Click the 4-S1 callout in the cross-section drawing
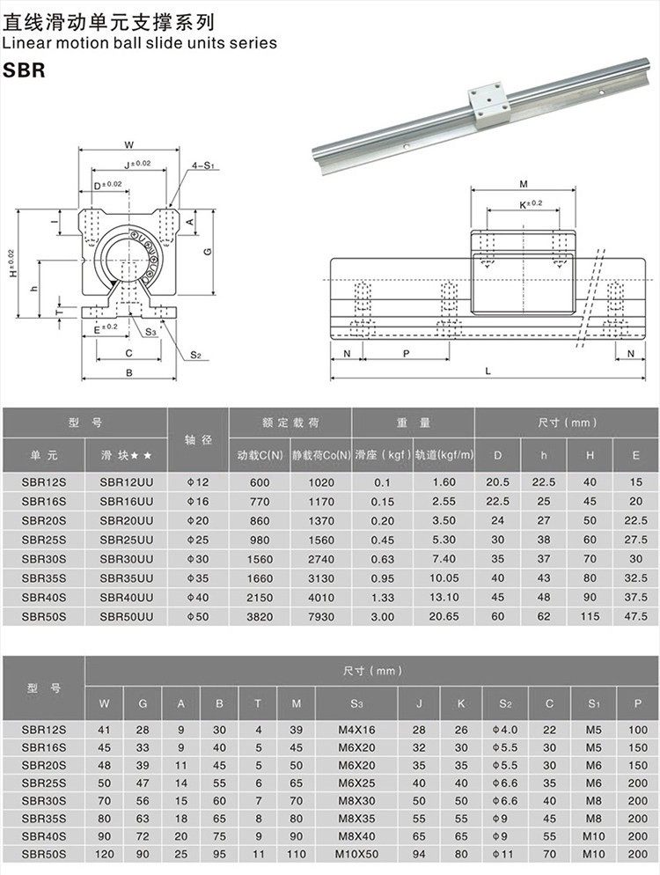205,165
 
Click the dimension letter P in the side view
405,353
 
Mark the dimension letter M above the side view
524,184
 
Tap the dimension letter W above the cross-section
128,144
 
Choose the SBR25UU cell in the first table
127,539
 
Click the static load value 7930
321,615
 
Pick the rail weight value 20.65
444,615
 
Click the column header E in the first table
635,455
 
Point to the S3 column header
356,702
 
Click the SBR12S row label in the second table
43,730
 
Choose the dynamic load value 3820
260,615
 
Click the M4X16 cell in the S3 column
356,730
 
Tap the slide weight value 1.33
382,596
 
